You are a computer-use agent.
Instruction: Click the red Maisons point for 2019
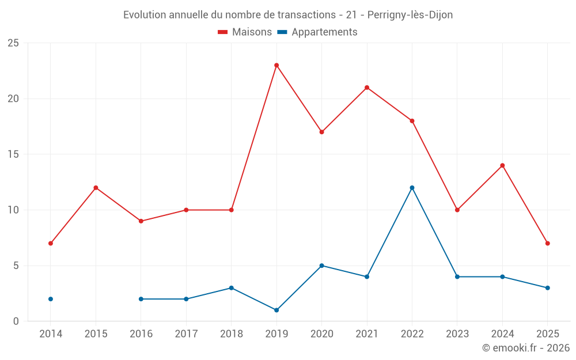276,65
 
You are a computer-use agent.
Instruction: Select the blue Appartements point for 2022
412,188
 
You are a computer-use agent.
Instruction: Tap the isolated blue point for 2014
51,299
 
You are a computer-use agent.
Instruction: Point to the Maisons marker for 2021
367,88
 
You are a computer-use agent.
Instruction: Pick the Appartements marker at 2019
276,310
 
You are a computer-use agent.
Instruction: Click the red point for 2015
96,188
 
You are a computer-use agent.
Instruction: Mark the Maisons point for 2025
547,243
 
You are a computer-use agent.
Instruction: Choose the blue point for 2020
321,266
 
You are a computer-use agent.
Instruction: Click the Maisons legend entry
245,32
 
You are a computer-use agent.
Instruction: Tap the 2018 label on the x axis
231,334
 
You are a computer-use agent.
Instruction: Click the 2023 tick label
457,334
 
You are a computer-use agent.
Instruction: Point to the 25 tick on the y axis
13,43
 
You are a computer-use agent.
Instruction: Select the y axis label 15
13,154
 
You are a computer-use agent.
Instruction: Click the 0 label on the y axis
16,321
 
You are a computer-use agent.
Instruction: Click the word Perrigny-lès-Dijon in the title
410,15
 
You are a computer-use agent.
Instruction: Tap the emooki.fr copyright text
526,348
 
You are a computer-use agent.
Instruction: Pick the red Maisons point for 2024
502,165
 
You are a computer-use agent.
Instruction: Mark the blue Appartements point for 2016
141,299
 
